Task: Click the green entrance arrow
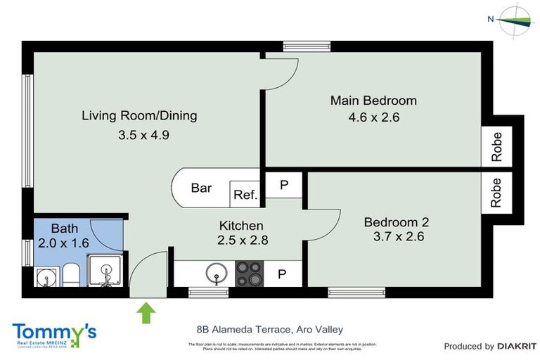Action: pyautogui.click(x=147, y=311)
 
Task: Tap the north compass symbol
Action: pyautogui.click(x=517, y=20)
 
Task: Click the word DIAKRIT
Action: pyautogui.click(x=517, y=346)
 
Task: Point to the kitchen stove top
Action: pyautogui.click(x=249, y=273)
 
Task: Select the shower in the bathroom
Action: pyautogui.click(x=105, y=271)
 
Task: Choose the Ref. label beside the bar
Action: pyautogui.click(x=245, y=195)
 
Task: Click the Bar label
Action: pyautogui.click(x=201, y=188)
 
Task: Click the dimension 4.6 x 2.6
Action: pyautogui.click(x=373, y=117)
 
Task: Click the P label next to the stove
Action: pyautogui.click(x=282, y=274)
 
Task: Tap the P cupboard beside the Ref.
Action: pyautogui.click(x=284, y=184)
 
